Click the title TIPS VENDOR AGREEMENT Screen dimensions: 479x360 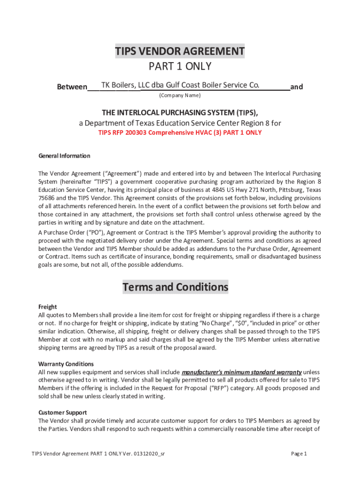click(180, 51)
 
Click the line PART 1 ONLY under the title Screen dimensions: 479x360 click(180, 66)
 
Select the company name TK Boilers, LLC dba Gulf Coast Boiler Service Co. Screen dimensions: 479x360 click(180, 85)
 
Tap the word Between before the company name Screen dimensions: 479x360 click(72, 87)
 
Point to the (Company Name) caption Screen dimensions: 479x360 click(180, 95)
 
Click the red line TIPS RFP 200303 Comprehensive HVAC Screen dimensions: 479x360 click(180, 132)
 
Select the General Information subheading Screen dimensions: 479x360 click(64, 156)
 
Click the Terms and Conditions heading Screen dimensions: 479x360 click(175, 287)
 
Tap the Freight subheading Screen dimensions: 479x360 click(47, 307)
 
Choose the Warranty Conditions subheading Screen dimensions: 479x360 click(66, 363)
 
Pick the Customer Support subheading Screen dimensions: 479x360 click(62, 412)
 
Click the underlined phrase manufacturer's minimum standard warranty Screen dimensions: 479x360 click(241, 372)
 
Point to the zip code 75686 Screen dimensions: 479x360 click(46, 198)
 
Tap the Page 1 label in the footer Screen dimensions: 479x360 click(299, 454)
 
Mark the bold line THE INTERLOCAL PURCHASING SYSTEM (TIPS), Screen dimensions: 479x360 click(180, 113)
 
